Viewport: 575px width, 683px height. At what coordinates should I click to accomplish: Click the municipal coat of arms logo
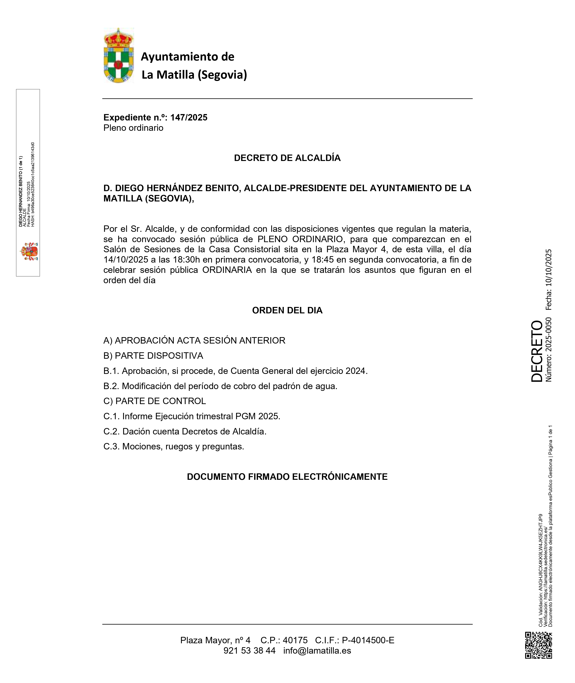118,55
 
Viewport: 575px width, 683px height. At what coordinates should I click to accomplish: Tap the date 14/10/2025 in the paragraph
126,260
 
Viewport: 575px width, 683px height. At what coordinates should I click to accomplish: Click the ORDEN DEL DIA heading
287,310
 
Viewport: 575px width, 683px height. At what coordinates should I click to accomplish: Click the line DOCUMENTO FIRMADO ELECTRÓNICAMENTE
287,477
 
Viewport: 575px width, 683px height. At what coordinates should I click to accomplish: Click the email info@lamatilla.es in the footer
317,650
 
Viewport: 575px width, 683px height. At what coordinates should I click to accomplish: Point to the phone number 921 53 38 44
249,650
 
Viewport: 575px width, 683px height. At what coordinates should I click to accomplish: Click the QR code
539,645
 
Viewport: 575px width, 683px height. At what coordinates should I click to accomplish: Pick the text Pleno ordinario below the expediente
133,128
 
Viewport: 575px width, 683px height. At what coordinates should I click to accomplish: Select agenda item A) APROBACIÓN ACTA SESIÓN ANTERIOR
194,340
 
